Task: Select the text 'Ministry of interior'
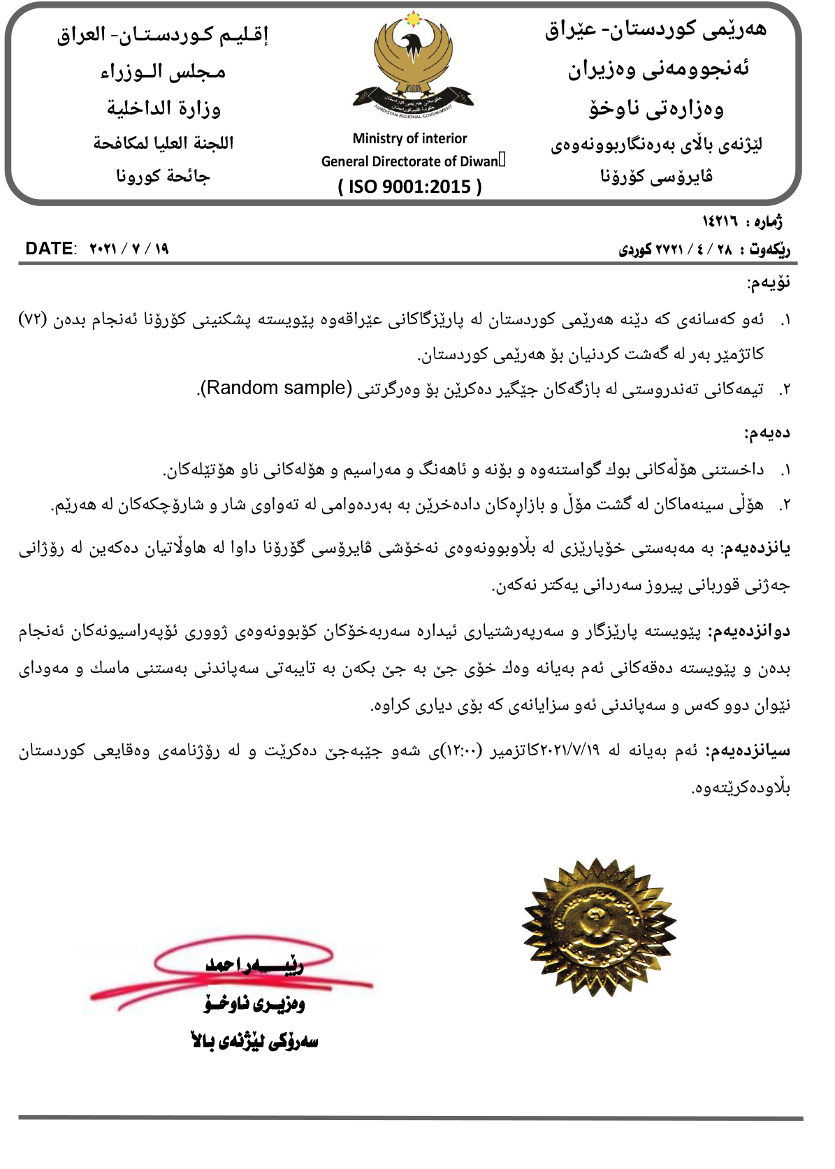tap(409, 138)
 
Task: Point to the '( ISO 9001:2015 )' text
tap(409, 187)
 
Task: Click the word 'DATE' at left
tap(49, 249)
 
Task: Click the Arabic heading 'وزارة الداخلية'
tap(164, 108)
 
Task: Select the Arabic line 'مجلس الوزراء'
tap(164, 71)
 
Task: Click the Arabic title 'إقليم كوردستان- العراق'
tap(163, 35)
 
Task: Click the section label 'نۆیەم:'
tap(769, 283)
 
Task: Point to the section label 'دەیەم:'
tap(767, 433)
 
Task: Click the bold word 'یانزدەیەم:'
tap(755, 549)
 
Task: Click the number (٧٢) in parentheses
tap(32, 319)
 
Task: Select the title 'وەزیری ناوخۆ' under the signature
tap(254, 1004)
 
